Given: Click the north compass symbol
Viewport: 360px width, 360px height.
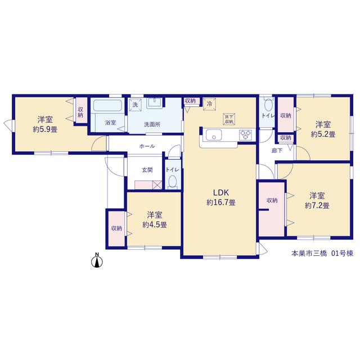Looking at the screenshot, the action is [97, 260].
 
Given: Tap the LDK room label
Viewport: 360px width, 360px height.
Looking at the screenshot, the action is [221, 192].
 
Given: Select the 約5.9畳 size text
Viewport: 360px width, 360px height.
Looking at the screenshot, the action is [45, 129].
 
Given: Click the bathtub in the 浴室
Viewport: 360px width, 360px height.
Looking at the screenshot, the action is [107, 105].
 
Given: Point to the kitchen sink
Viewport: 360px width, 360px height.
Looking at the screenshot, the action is [214, 135].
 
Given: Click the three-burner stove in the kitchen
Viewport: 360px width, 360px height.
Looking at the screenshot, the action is [245, 135].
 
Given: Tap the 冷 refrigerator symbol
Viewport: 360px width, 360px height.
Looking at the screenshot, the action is [209, 104].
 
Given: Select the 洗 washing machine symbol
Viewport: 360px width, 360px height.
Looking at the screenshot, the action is [135, 105].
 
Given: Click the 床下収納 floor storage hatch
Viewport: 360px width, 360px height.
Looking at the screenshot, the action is [229, 119].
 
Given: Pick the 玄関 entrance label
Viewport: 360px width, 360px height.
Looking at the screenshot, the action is [147, 170].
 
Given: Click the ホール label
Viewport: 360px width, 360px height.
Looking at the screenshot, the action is [147, 146].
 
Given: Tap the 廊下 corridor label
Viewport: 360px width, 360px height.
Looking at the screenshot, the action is [277, 151].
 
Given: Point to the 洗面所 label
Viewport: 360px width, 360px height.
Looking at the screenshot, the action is [152, 124].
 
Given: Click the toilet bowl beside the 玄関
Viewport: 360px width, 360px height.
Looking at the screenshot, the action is [173, 181].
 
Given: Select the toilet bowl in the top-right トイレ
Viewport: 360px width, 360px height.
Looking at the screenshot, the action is [268, 105].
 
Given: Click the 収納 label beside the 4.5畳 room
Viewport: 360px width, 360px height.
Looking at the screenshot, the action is [116, 228].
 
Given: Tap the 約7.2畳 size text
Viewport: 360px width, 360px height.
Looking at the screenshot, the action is [317, 205].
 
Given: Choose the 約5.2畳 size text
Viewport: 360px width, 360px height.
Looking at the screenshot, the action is [323, 134].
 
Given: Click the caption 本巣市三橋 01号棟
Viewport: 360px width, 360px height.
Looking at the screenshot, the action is [322, 254].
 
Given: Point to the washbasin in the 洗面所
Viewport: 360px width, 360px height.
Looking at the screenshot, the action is [155, 103].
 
